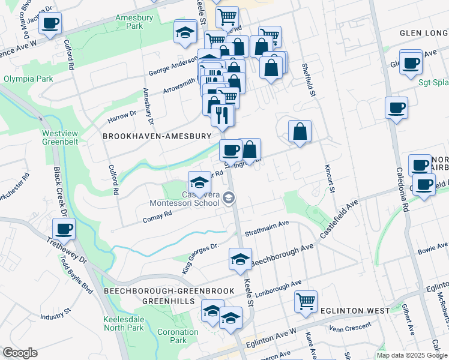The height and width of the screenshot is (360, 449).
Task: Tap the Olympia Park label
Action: point(24,79)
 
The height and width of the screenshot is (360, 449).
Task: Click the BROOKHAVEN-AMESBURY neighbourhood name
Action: point(157,137)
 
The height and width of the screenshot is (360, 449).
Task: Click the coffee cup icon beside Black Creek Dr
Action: point(64,227)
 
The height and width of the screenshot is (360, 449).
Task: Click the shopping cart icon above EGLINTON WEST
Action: point(306,301)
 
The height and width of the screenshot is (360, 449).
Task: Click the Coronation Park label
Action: point(178,336)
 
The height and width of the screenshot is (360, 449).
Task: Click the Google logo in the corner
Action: point(20,353)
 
